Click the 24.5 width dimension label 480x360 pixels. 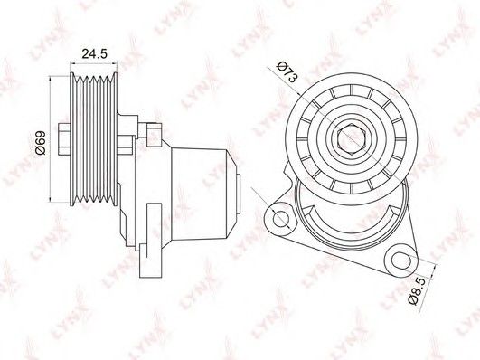coord(94,54)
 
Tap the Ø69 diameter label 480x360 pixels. coord(41,143)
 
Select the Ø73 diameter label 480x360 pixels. coord(287,72)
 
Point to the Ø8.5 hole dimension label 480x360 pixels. coord(418,291)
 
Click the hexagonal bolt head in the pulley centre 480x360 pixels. coord(351,138)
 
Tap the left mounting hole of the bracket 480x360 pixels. coord(280,219)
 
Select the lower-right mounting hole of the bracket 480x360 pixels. coord(401,261)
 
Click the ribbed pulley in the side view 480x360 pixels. coord(93,138)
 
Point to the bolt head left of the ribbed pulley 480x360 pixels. coord(64,138)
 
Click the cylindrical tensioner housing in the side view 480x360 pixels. coord(201,193)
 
